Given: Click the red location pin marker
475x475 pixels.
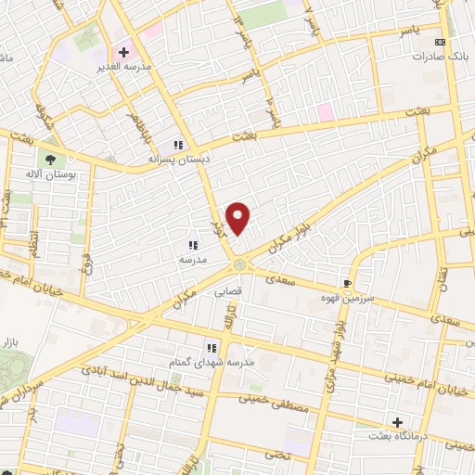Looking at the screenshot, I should [x=239, y=218].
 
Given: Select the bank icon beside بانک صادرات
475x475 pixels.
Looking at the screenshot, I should [x=440, y=42].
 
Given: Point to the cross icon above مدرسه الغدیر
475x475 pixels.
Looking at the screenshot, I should [x=122, y=52].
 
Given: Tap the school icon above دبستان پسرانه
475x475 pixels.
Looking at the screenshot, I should [x=178, y=145].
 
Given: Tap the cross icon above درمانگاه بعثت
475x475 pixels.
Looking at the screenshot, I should [x=398, y=422].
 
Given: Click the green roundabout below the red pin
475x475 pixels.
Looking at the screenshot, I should [x=241, y=265].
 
